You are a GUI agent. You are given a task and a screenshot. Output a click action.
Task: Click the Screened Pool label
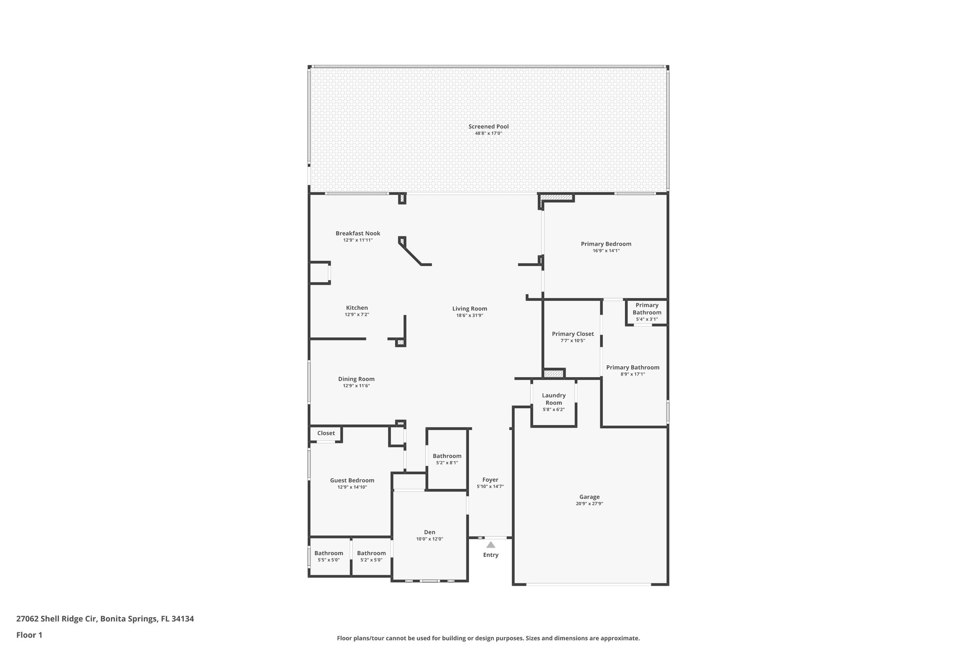[x=488, y=126]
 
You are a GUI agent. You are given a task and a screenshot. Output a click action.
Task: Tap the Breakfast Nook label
[x=358, y=233]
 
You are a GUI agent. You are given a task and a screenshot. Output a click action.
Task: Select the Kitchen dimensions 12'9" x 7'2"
[x=357, y=315]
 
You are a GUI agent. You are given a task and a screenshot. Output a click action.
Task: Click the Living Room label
[x=469, y=309]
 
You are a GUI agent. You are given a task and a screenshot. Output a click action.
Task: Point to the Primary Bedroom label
[x=606, y=244]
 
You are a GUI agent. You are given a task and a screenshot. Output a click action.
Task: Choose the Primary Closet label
[x=572, y=334]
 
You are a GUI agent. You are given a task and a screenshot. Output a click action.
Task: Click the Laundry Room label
[x=554, y=399]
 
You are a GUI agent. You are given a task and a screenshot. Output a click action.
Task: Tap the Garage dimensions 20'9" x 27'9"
[x=589, y=504]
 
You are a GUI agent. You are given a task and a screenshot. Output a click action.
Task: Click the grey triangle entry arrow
[x=490, y=545]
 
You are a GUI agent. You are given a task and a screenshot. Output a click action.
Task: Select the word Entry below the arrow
[x=490, y=555]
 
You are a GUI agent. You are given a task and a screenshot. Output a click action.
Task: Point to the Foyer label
[x=490, y=480]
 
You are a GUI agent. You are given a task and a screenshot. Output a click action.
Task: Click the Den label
[x=429, y=532]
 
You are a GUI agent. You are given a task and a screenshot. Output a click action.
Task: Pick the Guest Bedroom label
[x=352, y=480]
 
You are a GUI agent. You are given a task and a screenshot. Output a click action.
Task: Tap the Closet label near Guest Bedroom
[x=326, y=433]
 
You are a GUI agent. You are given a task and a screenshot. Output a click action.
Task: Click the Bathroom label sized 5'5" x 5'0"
[x=329, y=553]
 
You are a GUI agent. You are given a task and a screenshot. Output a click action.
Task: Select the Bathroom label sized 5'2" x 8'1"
[x=447, y=456]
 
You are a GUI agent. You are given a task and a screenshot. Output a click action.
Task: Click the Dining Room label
[x=356, y=379]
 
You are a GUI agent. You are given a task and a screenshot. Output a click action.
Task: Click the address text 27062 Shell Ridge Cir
[x=57, y=619]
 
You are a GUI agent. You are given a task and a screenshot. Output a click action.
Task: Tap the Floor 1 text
[x=29, y=635]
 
